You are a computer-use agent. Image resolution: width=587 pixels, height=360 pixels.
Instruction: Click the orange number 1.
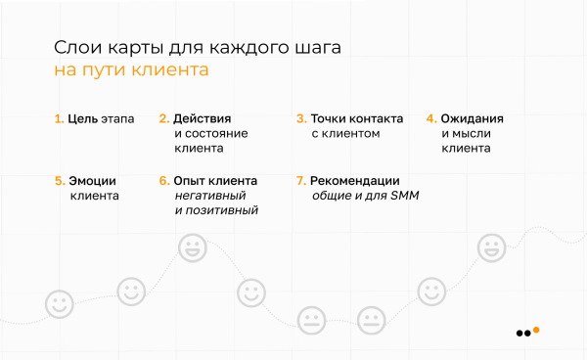57,119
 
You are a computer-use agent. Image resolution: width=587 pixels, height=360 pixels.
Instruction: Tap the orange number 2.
163,119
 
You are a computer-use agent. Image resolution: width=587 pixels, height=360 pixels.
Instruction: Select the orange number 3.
300,119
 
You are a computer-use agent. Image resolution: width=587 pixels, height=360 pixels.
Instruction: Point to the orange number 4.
430,119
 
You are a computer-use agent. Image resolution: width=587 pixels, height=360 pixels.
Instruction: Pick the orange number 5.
59,181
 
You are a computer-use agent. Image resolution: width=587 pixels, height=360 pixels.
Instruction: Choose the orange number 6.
163,181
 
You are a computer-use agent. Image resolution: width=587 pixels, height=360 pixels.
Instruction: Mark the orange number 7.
300,181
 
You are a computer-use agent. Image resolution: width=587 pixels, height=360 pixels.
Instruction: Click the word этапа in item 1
115,119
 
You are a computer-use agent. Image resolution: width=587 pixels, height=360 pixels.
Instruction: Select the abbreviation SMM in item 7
403,196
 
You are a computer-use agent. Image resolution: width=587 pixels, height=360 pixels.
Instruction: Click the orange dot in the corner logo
536,330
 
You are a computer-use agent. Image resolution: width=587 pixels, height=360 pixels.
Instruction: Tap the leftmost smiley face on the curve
60,303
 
